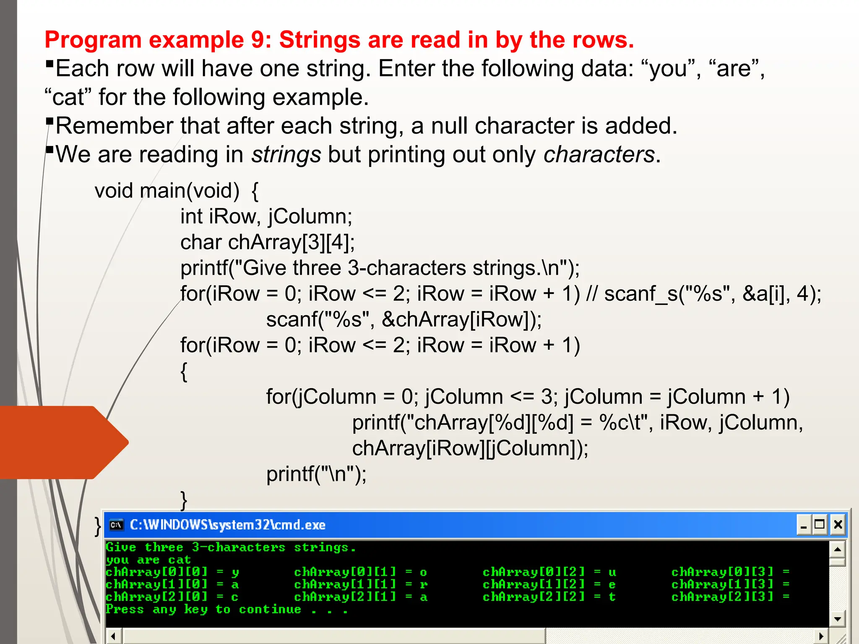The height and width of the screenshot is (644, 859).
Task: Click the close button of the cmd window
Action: coord(838,525)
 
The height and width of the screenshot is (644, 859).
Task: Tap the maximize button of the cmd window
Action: coord(820,525)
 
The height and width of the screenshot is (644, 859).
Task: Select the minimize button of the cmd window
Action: coord(804,525)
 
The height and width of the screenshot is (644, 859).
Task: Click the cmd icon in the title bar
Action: coord(116,525)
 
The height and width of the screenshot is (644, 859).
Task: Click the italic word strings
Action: coord(286,155)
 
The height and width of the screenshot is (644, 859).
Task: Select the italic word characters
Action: coord(599,155)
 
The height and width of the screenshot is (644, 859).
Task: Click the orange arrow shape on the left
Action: coord(63,442)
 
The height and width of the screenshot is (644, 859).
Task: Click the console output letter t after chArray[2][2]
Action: coord(612,597)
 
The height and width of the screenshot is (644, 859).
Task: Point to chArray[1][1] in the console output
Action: coord(345,584)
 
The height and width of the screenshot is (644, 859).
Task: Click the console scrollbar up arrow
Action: coord(837,549)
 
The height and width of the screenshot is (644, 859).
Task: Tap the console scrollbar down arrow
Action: coord(837,619)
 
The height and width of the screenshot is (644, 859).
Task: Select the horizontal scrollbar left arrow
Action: coord(113,636)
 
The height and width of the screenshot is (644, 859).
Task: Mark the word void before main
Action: coord(114,191)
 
